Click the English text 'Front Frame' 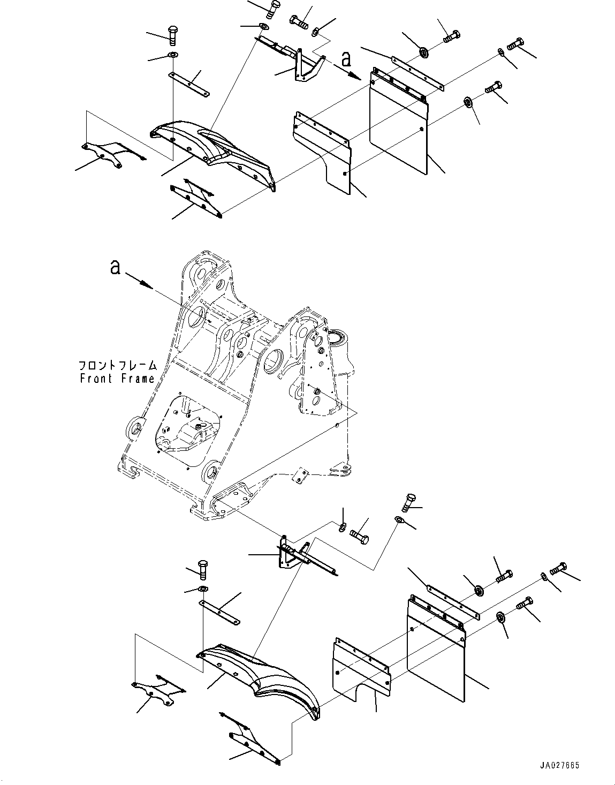117,379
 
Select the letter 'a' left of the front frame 115,267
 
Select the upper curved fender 214,150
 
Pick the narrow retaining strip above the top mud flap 417,72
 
